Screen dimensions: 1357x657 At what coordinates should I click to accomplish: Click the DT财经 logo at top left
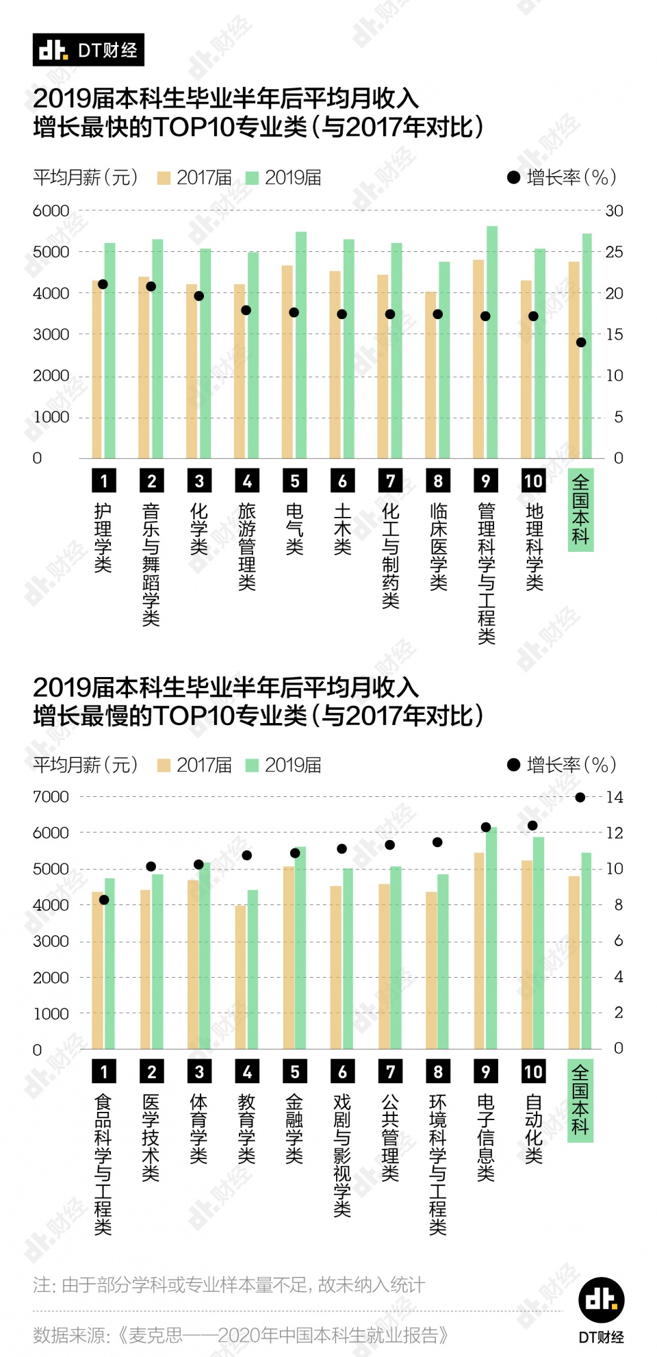pyautogui.click(x=88, y=50)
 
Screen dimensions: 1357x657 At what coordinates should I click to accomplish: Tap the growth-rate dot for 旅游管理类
pyautogui.click(x=246, y=310)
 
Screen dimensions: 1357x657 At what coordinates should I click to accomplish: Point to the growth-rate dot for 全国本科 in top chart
pyautogui.click(x=581, y=342)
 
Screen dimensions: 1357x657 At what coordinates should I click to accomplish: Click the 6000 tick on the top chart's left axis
pyautogui.click(x=51, y=211)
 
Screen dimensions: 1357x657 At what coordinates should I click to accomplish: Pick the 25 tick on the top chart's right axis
pyautogui.click(x=614, y=252)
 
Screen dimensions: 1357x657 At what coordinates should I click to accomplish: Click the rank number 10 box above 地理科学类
pyautogui.click(x=533, y=481)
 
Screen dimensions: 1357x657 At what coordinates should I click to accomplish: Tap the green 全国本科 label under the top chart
pyautogui.click(x=580, y=509)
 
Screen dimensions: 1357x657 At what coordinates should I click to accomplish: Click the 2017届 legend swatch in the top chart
pyautogui.click(x=164, y=178)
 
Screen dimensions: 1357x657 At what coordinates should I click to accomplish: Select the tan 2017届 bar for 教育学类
pyautogui.click(x=240, y=979)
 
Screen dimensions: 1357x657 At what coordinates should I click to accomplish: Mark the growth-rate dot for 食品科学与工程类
pyautogui.click(x=104, y=900)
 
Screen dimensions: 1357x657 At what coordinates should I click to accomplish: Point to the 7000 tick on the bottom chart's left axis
pyautogui.click(x=51, y=797)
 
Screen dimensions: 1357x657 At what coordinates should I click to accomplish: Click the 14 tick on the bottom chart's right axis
pyautogui.click(x=615, y=797)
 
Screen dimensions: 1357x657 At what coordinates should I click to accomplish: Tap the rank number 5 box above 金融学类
pyautogui.click(x=295, y=1071)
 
